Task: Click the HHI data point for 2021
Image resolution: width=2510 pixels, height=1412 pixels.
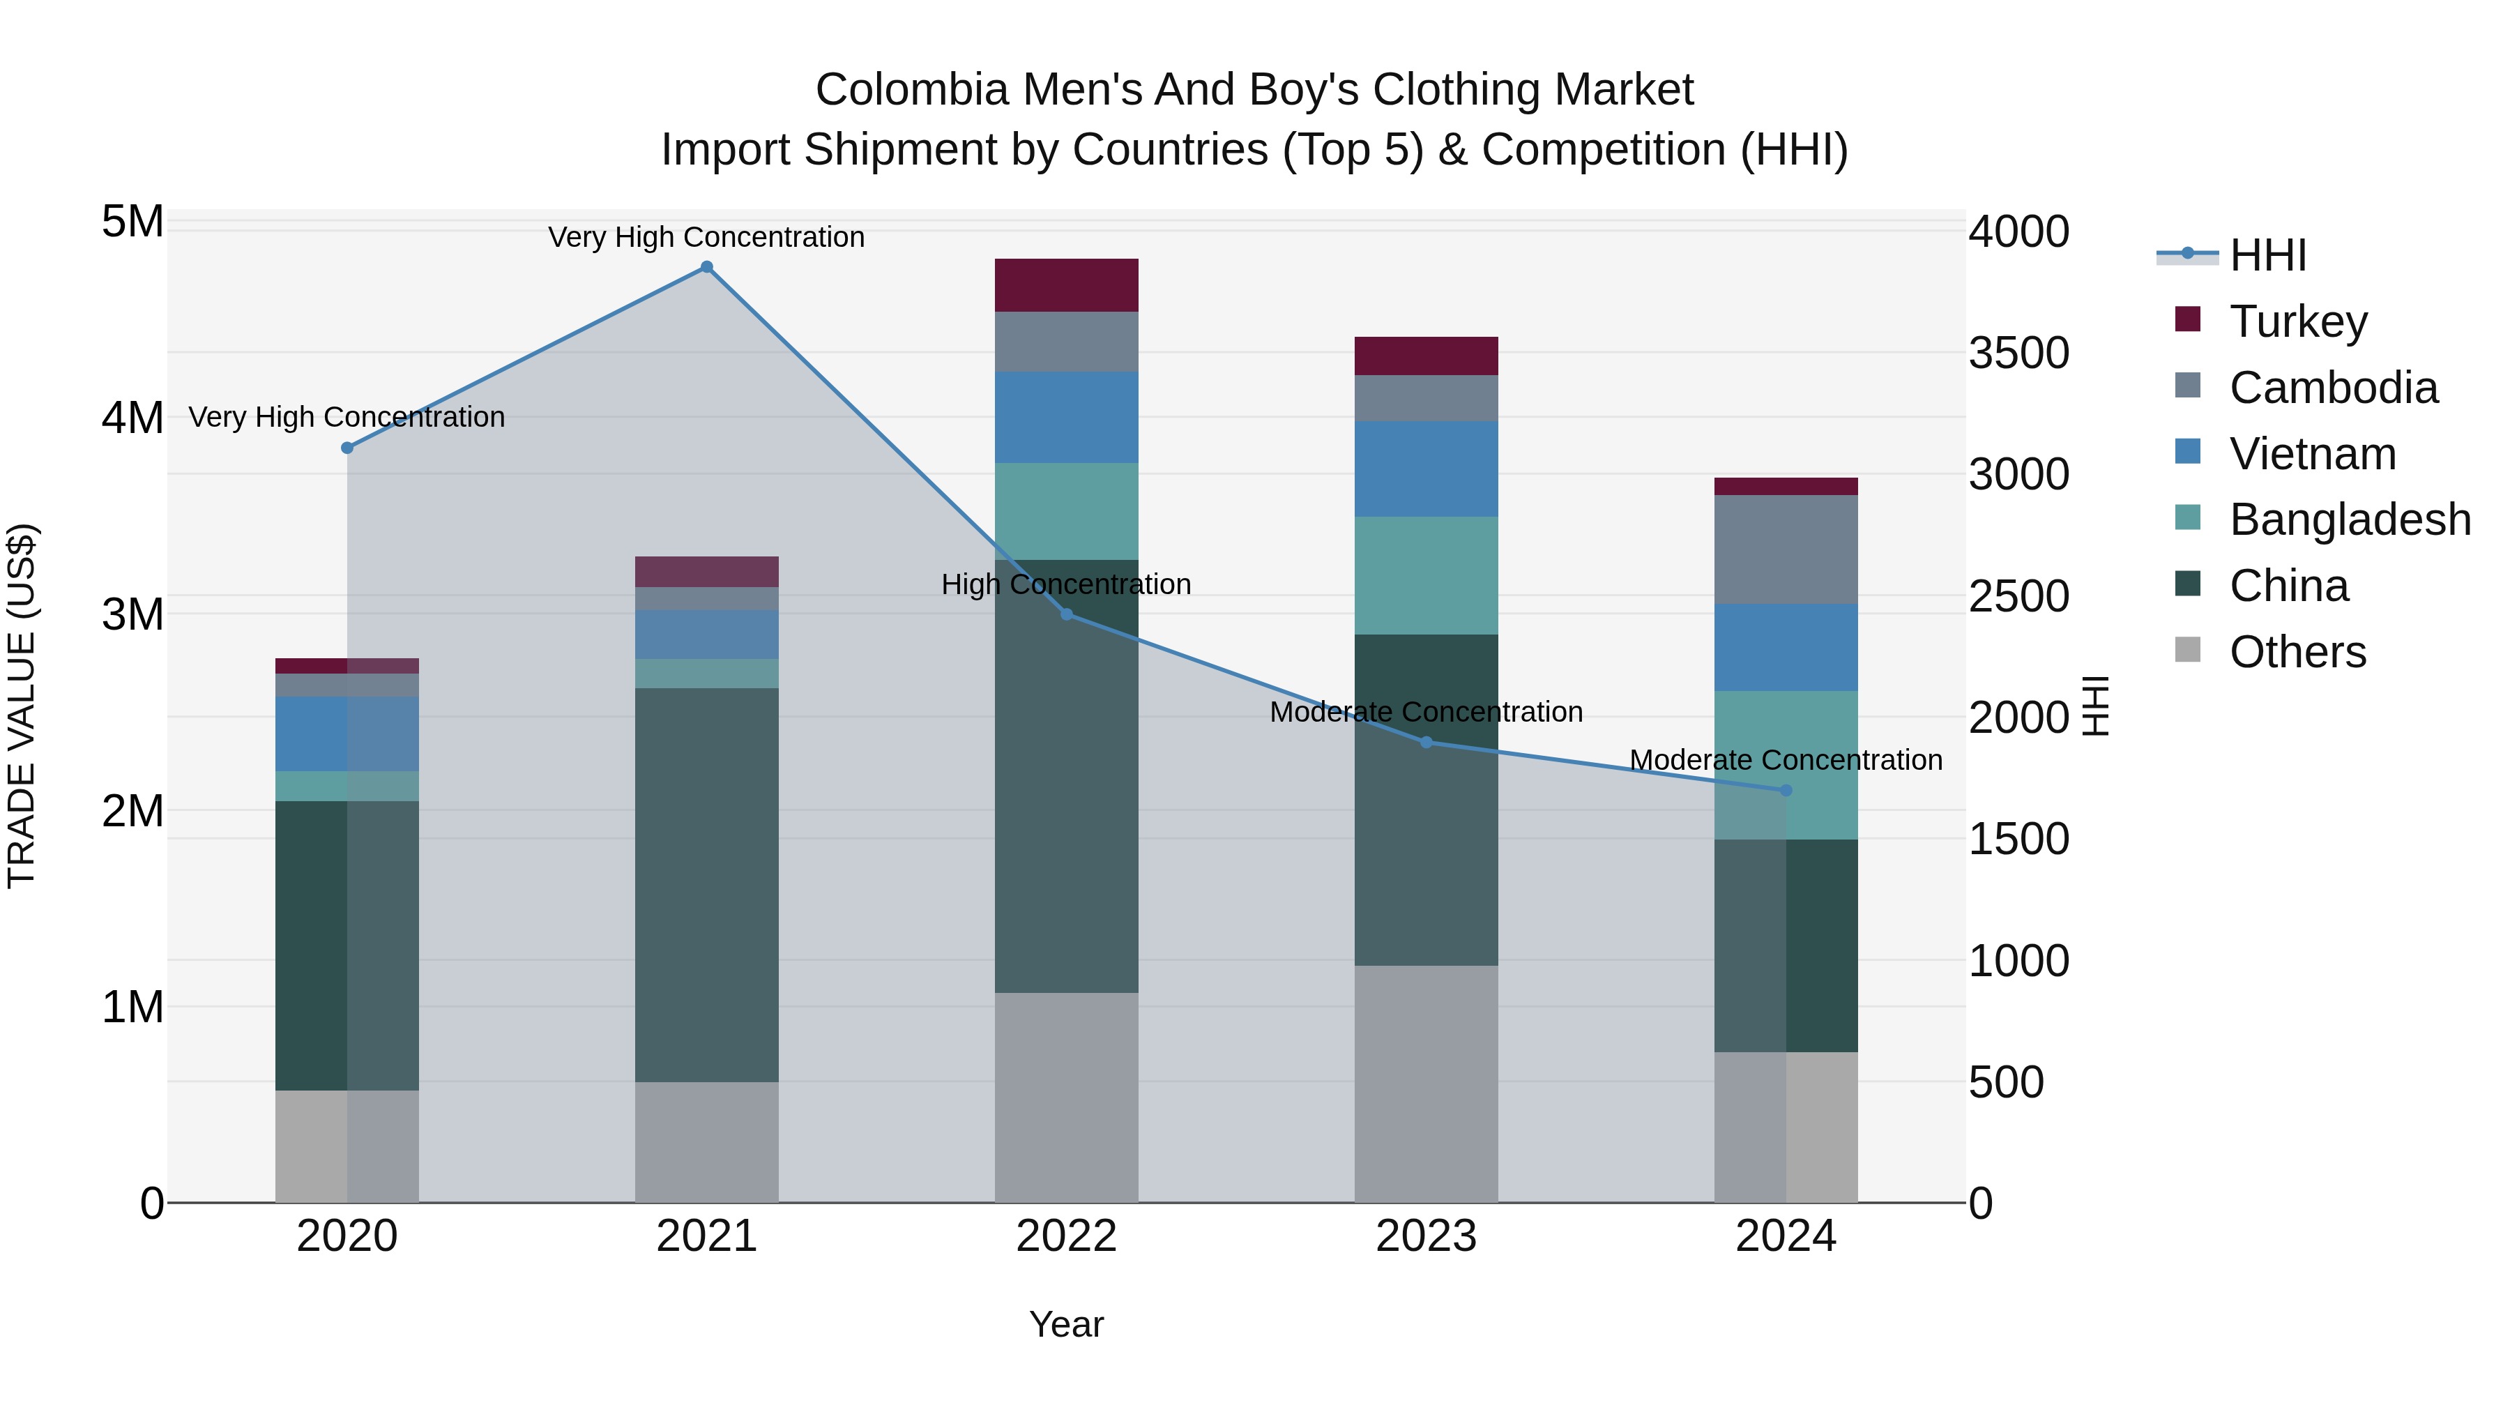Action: pyautogui.click(x=706, y=267)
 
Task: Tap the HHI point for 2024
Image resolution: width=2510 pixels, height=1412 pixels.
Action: pyautogui.click(x=1786, y=790)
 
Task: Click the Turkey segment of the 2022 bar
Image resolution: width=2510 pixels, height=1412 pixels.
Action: pyautogui.click(x=1066, y=285)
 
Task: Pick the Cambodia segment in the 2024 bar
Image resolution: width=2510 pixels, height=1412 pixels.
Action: pyautogui.click(x=1786, y=549)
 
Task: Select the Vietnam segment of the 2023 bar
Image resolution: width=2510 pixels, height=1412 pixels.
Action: pyautogui.click(x=1426, y=469)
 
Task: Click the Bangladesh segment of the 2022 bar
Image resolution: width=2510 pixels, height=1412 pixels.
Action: pyautogui.click(x=1066, y=512)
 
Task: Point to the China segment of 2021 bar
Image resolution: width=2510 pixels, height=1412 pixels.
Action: pyautogui.click(x=706, y=885)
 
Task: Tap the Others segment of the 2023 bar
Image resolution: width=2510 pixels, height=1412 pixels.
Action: pyautogui.click(x=1426, y=1084)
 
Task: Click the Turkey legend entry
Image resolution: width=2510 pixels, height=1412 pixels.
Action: pyautogui.click(x=2297, y=321)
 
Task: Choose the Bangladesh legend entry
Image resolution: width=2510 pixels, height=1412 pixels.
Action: pyautogui.click(x=2349, y=519)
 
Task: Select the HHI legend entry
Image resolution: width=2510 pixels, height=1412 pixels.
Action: pyautogui.click(x=2267, y=255)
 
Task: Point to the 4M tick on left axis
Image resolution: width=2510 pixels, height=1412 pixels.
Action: pyautogui.click(x=132, y=418)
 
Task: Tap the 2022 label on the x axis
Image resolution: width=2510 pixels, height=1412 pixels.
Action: pyautogui.click(x=1066, y=1236)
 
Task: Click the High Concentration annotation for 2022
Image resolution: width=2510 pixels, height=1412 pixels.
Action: pyautogui.click(x=1066, y=585)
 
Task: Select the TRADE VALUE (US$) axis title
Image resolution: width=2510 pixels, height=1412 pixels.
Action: pyautogui.click(x=22, y=706)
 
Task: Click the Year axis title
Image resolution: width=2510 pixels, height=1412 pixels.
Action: pyautogui.click(x=1066, y=1324)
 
